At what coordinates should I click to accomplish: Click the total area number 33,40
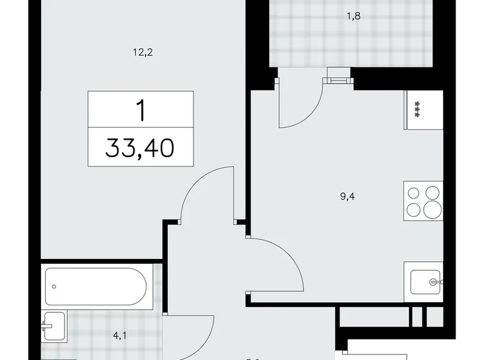click(140, 149)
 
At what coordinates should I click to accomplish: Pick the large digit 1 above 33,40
click(141, 110)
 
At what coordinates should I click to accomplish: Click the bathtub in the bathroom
click(96, 286)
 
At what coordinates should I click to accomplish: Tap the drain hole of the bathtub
click(55, 287)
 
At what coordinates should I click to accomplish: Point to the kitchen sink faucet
click(434, 283)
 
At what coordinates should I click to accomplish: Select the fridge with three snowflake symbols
click(424, 110)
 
